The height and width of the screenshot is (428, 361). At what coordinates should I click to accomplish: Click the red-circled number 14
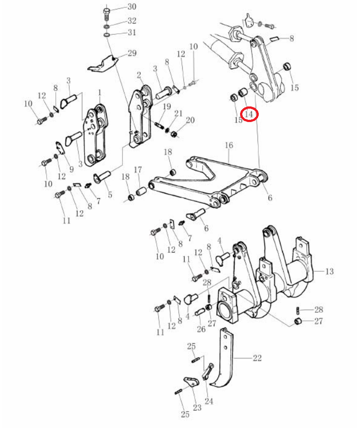(x=249, y=114)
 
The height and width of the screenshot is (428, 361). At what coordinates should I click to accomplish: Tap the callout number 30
(x=132, y=7)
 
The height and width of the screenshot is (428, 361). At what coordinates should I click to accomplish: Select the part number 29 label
(x=132, y=53)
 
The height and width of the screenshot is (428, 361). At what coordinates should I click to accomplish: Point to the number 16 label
(x=229, y=145)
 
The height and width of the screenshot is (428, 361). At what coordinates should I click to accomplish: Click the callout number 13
(x=329, y=271)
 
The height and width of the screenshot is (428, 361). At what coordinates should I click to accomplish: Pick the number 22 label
(x=257, y=358)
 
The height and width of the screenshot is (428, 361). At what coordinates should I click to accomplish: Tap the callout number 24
(x=209, y=401)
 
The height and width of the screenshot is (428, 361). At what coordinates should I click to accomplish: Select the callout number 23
(x=197, y=408)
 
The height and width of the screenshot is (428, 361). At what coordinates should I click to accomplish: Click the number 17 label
(x=138, y=170)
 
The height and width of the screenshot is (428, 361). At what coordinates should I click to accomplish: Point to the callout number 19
(x=167, y=106)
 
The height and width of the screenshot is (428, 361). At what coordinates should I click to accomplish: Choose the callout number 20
(x=190, y=120)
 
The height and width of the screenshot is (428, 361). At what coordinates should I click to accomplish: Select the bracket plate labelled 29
(x=102, y=65)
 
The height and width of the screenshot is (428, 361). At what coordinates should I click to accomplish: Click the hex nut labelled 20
(x=173, y=135)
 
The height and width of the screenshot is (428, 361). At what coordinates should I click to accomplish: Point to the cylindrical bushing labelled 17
(x=142, y=191)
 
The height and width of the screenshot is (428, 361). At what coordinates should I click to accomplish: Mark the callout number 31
(x=132, y=32)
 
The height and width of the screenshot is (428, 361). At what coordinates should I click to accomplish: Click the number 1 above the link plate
(x=100, y=93)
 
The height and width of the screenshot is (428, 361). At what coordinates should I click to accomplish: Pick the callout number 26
(x=201, y=329)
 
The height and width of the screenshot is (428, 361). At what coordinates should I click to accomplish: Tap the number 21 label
(x=178, y=113)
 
